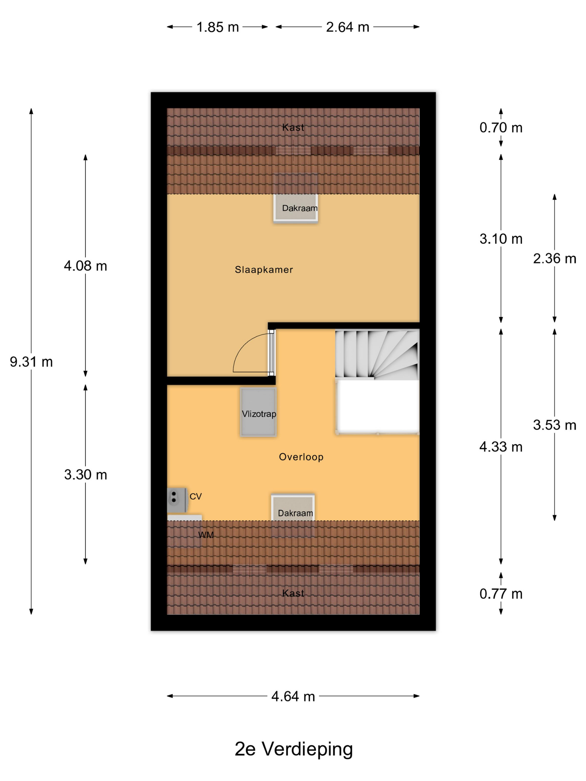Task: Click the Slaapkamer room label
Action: tap(264, 270)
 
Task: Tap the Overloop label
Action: tap(301, 457)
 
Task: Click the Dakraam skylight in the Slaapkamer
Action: tap(296, 208)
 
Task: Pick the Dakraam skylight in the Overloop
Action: tap(293, 507)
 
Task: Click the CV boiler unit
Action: tap(177, 500)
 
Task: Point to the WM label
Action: tap(206, 535)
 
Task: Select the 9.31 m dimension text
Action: tap(31, 362)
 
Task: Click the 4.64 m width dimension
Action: tap(293, 696)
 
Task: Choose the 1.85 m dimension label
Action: tap(218, 27)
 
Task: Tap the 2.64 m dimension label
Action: tap(348, 27)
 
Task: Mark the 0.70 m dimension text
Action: tap(501, 127)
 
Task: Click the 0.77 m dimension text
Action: tap(501, 594)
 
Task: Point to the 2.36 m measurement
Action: tap(554, 259)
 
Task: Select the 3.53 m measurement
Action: tap(554, 425)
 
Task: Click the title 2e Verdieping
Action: tap(294, 749)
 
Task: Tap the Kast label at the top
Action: tap(293, 127)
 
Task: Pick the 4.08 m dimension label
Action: tap(85, 266)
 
